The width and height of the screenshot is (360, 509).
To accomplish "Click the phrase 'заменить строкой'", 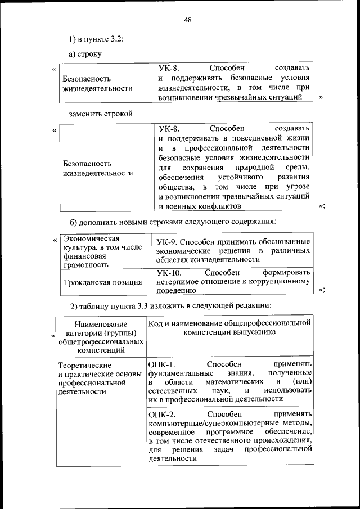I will click(x=101, y=113).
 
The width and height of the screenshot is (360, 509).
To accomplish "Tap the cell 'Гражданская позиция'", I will click(x=102, y=282).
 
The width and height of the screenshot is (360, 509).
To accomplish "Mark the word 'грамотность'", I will click(x=85, y=264).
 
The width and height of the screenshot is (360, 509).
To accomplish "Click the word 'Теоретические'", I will click(x=85, y=366).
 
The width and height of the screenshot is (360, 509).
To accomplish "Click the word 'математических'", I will click(x=236, y=382).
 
